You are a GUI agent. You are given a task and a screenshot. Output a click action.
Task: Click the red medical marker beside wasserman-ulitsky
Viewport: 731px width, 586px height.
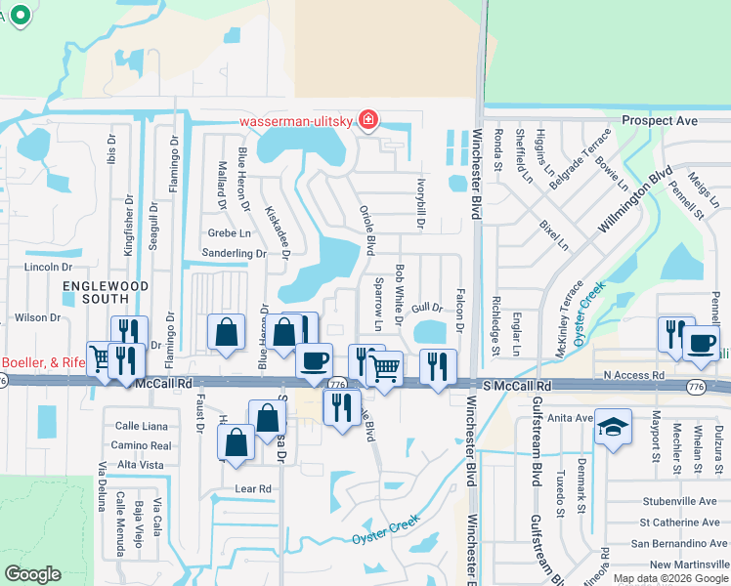click(368, 121)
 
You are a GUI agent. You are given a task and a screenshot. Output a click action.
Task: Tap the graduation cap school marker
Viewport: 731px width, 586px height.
click(613, 427)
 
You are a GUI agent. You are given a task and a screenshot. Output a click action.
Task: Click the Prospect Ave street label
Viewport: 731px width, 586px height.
click(660, 121)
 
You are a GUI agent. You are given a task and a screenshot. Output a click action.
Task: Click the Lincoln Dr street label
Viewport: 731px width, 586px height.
click(49, 267)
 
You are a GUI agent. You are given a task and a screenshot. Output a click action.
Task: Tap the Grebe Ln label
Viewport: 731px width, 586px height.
click(229, 233)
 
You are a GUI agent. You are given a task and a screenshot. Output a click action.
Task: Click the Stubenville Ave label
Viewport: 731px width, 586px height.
click(679, 499)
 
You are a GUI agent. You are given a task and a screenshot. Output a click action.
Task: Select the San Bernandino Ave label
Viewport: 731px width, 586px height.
click(679, 543)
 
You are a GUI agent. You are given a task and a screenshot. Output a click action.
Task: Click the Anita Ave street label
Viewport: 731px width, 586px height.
click(571, 417)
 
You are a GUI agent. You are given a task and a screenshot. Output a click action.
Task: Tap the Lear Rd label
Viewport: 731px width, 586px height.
click(251, 487)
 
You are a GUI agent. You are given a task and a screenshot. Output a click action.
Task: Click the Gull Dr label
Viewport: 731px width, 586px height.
click(421, 308)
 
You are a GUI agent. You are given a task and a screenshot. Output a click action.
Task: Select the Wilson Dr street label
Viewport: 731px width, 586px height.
click(38, 317)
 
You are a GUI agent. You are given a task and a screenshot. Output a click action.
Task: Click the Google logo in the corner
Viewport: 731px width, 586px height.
click(33, 574)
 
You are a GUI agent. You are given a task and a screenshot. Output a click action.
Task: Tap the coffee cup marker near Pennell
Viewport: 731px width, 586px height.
click(702, 341)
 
